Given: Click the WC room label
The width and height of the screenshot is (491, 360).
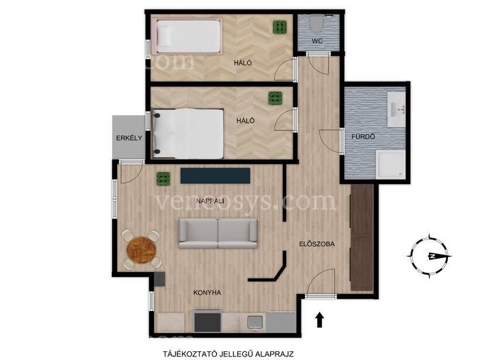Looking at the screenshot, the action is coord(317,41).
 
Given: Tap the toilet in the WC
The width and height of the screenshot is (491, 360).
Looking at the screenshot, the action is coord(316,23).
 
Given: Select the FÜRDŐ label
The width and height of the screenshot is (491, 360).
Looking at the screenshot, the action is coord(363,136).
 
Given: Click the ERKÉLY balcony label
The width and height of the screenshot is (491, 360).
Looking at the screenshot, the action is coord(129,138).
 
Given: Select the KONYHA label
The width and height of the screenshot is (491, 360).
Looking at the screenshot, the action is coord(207,293).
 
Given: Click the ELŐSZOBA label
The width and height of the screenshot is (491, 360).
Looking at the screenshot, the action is coord(317,244).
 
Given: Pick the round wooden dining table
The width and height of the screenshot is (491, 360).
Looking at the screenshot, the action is coord(141,251).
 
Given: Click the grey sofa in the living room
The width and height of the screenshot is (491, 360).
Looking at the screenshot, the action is coord(218,234).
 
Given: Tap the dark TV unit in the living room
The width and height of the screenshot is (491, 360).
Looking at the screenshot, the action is coord(215,176).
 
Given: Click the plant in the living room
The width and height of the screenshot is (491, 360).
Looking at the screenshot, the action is coord(163,179).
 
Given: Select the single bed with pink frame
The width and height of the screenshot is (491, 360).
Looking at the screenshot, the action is coord(187,36).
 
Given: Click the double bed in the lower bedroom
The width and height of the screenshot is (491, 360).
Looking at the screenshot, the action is coord(188,133).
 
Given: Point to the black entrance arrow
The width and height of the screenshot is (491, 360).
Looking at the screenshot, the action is coord(320,320).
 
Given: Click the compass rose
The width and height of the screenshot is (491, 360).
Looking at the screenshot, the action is coord(430,256).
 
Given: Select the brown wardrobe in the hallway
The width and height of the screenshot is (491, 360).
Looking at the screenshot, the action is coord(362,238).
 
